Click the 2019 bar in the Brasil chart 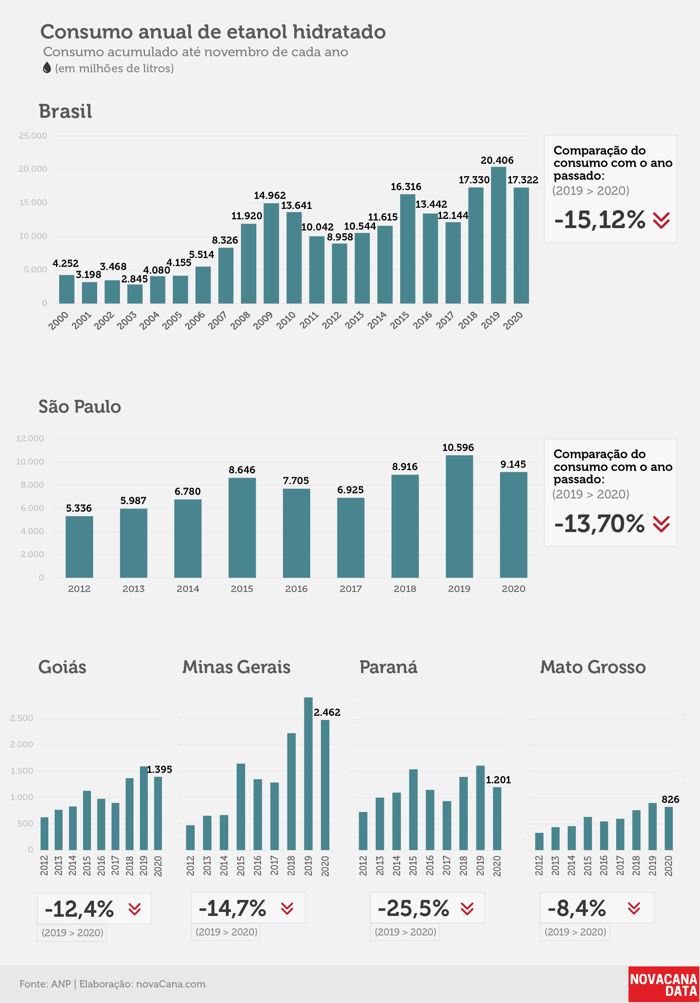pyautogui.click(x=499, y=235)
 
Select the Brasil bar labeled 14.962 pyautogui.click(x=271, y=253)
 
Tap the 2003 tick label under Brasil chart pyautogui.click(x=127, y=321)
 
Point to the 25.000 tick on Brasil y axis pyautogui.click(x=33, y=136)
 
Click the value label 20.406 pyautogui.click(x=497, y=160)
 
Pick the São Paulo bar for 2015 pyautogui.click(x=242, y=528)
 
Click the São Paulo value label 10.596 pyautogui.click(x=458, y=447)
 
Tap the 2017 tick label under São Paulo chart pyautogui.click(x=351, y=589)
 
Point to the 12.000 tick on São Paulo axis pyautogui.click(x=30, y=439)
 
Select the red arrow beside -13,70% pyautogui.click(x=661, y=524)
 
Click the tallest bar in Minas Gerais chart pyautogui.click(x=308, y=774)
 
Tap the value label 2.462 pyautogui.click(x=327, y=712)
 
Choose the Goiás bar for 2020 pyautogui.click(x=158, y=813)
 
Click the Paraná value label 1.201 pyautogui.click(x=499, y=780)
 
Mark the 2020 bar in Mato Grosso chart pyautogui.click(x=668, y=828)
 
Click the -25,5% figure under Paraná pyautogui.click(x=413, y=908)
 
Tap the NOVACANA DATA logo pyautogui.click(x=664, y=985)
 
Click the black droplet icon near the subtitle pyautogui.click(x=47, y=68)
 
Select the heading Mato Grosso pyautogui.click(x=593, y=667)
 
